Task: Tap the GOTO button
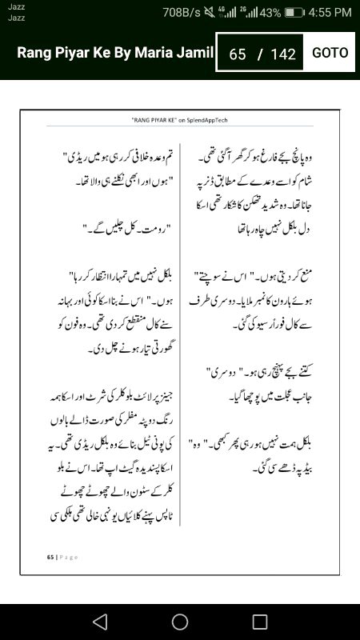click(x=330, y=53)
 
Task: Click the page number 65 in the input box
click(x=237, y=54)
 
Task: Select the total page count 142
click(x=283, y=54)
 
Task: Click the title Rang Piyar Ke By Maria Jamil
click(x=115, y=53)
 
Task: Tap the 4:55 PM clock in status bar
click(x=330, y=12)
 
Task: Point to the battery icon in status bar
click(x=294, y=12)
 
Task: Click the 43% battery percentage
click(x=270, y=12)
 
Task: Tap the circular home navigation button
click(x=180, y=622)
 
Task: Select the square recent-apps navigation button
click(x=260, y=622)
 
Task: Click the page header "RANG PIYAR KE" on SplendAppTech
click(x=180, y=118)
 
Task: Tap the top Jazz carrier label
click(x=15, y=6)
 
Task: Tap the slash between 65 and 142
click(x=259, y=54)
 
